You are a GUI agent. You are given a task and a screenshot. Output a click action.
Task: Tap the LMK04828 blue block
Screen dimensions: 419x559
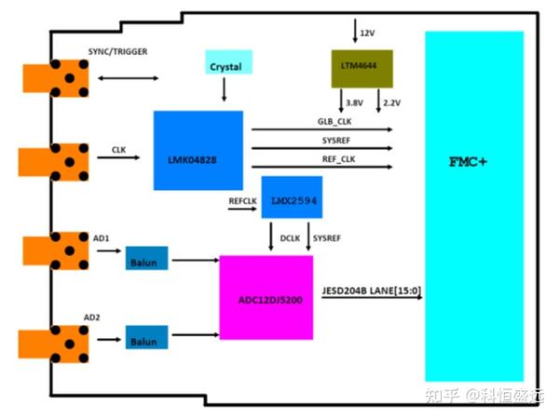click(198, 150)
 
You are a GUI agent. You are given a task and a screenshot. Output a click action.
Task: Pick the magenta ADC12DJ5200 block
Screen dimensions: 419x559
click(266, 297)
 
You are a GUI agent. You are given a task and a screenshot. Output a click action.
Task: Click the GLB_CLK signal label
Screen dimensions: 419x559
click(336, 121)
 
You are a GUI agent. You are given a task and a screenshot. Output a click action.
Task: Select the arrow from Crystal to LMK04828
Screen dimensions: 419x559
click(224, 89)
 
